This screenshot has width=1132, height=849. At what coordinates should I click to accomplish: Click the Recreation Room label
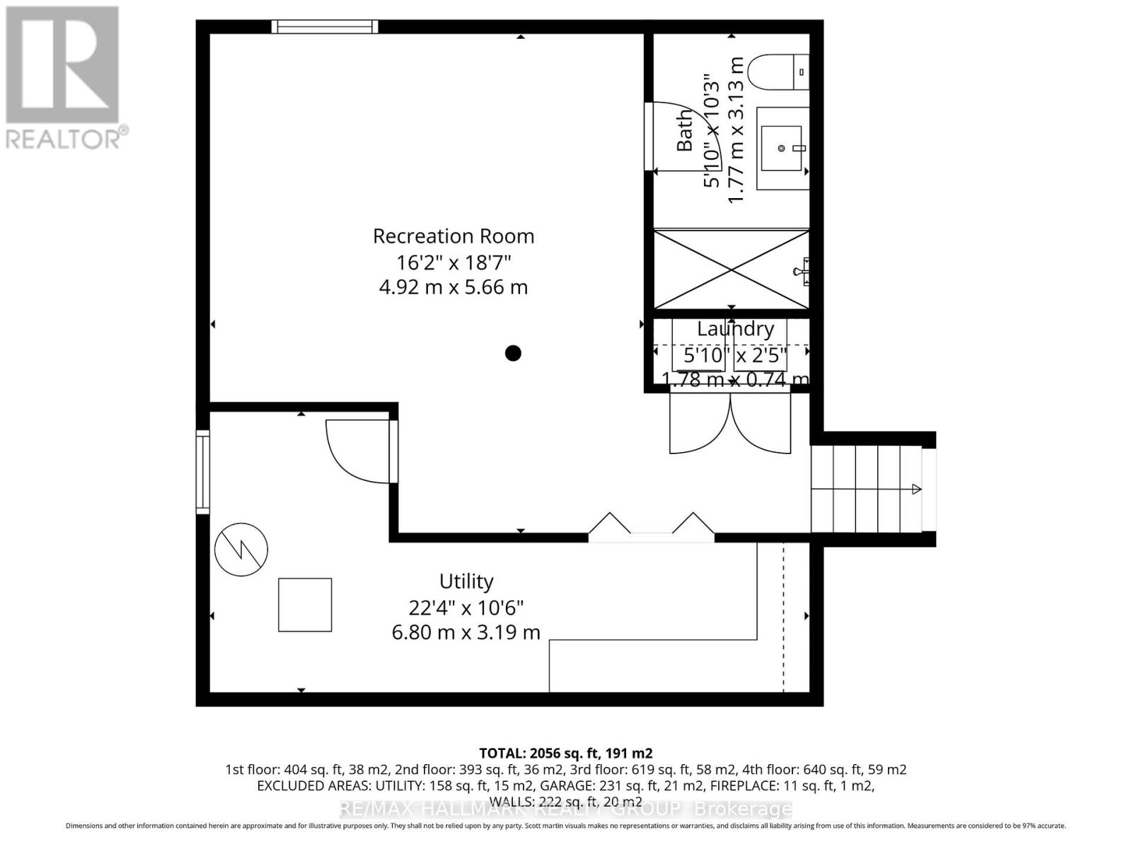coord(454,236)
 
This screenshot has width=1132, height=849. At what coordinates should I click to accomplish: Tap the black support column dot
coord(513,353)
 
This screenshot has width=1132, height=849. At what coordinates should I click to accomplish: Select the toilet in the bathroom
coord(778,72)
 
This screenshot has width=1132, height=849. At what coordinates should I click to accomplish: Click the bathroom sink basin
coord(781,149)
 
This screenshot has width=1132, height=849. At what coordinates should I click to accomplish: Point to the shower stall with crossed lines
coord(731,269)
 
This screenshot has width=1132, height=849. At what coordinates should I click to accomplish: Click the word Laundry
coord(735,329)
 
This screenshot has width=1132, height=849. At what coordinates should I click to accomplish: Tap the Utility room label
coord(466,582)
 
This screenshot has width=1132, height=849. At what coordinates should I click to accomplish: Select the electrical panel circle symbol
coord(241,550)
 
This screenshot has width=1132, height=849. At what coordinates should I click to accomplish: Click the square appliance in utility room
coord(305,605)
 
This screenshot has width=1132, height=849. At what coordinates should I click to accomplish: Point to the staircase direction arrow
coord(916,489)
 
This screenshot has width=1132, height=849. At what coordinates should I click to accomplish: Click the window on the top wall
coord(325,27)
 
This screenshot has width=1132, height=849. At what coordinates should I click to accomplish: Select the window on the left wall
coord(203,473)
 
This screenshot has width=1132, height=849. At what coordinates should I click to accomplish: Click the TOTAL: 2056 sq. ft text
coord(565,753)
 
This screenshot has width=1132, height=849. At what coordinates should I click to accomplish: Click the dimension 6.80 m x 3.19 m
coord(466,633)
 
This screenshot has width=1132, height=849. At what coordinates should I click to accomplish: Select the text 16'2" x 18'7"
coord(454,262)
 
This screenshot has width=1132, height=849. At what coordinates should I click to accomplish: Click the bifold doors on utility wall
coord(651,527)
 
